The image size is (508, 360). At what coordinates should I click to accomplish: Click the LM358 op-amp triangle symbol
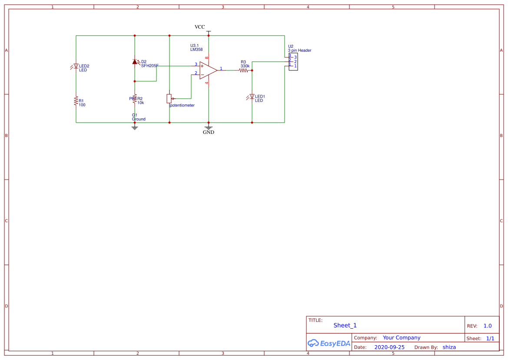pos(207,70)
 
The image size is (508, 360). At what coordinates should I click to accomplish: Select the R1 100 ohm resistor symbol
pos(76,102)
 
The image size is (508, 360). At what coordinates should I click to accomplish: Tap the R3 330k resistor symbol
pos(243,70)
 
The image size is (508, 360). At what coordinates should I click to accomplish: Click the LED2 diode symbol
pos(76,66)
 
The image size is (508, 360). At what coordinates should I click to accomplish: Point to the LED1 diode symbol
pos(252,97)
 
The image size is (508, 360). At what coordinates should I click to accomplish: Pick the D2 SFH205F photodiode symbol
pos(135,62)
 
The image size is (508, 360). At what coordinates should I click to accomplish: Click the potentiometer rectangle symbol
pos(169,98)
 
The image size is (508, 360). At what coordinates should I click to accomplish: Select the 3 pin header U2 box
pos(293,61)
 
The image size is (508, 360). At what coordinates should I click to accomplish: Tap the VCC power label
pos(199,27)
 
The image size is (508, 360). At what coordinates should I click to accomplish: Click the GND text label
pos(209,132)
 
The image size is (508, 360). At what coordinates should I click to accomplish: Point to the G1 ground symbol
pos(135,127)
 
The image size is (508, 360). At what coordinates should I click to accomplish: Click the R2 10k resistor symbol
pos(135,99)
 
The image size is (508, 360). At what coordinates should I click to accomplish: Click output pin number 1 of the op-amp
pos(221,69)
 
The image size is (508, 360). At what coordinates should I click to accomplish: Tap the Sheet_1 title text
pos(345,325)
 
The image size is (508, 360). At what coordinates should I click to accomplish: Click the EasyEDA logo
pos(329,343)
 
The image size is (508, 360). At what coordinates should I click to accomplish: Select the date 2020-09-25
pos(389,347)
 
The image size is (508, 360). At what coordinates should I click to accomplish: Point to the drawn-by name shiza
pos(449,347)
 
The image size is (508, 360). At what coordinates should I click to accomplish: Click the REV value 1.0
pos(487,326)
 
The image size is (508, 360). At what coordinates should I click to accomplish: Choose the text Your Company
pos(401,337)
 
